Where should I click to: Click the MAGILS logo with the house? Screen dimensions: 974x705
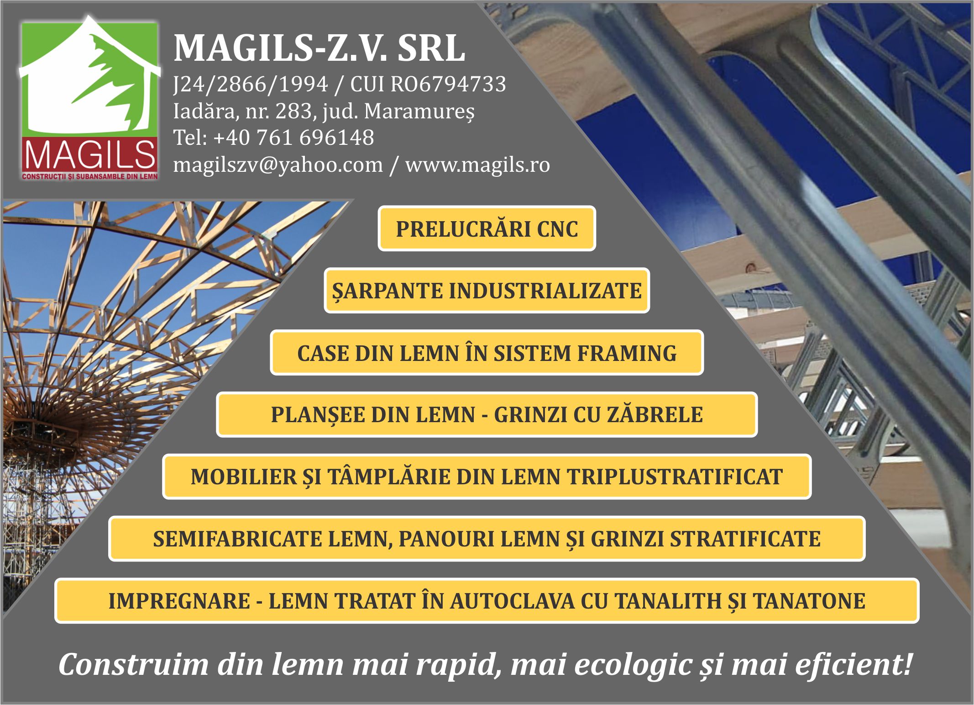tap(90, 98)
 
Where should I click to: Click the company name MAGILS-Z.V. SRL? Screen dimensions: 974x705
tap(319, 48)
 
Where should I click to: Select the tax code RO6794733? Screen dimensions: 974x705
tap(449, 84)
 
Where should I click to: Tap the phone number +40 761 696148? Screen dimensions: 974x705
tap(293, 138)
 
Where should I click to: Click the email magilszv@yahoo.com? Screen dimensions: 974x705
tap(278, 165)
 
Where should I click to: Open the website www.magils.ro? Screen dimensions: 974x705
tap(477, 164)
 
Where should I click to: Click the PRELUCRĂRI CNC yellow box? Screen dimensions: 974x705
tap(487, 228)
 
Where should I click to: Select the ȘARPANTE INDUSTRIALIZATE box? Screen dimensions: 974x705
tap(487, 291)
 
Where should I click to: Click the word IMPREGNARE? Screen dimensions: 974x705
tap(179, 601)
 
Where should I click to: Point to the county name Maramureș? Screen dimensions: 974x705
tap(419, 111)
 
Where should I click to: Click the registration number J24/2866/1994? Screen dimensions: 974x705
tap(251, 85)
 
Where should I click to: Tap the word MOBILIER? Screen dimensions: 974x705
tap(243, 477)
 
